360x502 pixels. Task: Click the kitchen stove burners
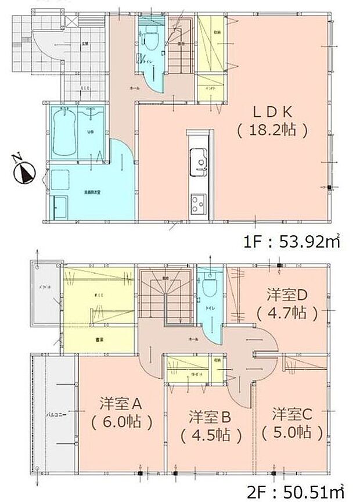[198, 203]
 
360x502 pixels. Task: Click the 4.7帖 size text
[287, 313]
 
